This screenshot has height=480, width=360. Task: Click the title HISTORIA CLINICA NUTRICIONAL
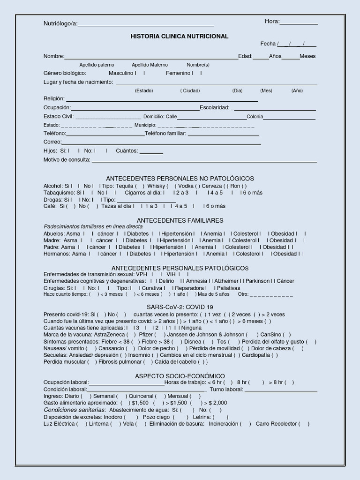pos(180,36)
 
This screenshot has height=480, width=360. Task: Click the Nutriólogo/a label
pos(60,24)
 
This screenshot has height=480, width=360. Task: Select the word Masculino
pos(121,73)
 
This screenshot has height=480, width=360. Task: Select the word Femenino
pos(178,73)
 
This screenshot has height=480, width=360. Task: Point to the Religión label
pos(54,99)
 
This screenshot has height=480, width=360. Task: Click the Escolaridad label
pos(214,107)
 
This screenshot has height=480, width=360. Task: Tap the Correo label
pos(52,142)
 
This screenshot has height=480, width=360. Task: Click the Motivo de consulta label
pos(67,159)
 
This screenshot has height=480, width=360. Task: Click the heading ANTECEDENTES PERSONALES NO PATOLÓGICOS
pos(180,179)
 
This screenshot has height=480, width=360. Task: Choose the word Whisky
pos(156,186)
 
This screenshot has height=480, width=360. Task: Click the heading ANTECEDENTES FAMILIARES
pos(180,220)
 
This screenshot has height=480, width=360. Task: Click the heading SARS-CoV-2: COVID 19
pos(180,307)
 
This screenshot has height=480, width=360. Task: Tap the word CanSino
pos(270,335)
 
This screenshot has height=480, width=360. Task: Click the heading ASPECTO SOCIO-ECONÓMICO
pos(180,376)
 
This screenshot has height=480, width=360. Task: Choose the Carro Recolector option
pos(276,424)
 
